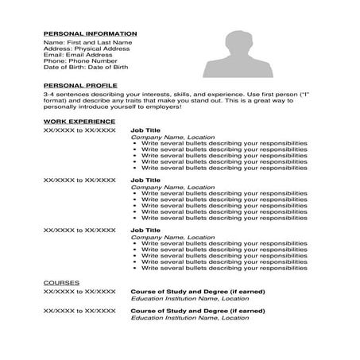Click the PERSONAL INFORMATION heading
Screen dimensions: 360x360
pos(90,33)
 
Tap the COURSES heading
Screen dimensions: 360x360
pos(61,282)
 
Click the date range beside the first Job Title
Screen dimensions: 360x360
pos(79,129)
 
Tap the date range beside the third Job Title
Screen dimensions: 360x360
pos(79,230)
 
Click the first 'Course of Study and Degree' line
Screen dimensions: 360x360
pos(197,291)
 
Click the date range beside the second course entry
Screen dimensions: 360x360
pos(79,311)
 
